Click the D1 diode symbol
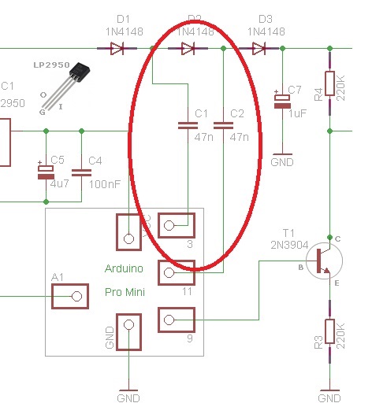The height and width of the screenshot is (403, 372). (x=116, y=49)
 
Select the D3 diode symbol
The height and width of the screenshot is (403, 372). (x=259, y=49)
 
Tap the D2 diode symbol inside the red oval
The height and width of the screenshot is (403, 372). (x=188, y=49)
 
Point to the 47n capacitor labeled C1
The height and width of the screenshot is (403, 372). (x=188, y=124)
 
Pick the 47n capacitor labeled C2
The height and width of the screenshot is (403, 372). (x=224, y=124)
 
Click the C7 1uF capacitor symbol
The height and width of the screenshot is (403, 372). (x=282, y=100)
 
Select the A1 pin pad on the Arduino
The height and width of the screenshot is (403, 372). (x=69, y=296)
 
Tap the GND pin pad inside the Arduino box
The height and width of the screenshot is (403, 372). (x=128, y=331)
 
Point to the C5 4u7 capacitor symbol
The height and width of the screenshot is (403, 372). (x=46, y=172)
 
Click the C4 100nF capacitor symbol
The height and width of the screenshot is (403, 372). (x=80, y=172)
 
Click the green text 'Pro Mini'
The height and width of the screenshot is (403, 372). (x=125, y=292)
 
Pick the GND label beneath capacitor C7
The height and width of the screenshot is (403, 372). (x=282, y=162)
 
